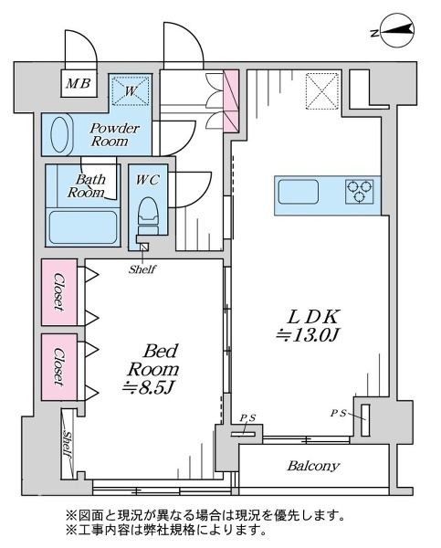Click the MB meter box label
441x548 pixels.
point(79,83)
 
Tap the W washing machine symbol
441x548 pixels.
point(130,90)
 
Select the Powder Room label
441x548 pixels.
point(113,134)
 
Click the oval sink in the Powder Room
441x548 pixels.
point(61,135)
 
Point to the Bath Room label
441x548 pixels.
point(87,185)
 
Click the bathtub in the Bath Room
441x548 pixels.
point(82,227)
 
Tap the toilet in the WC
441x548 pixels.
point(148,216)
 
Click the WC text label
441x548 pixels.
point(148,180)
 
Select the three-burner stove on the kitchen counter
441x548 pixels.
point(359,192)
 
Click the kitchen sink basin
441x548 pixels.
point(299,192)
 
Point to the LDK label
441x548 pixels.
point(312,317)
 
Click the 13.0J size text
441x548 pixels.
point(308,335)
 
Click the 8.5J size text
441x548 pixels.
point(148,387)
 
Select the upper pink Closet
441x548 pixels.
point(59,292)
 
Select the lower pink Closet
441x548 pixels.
point(59,367)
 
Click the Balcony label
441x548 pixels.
point(313,466)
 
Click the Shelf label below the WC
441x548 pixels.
point(142,269)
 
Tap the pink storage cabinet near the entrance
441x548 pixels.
point(231,101)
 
